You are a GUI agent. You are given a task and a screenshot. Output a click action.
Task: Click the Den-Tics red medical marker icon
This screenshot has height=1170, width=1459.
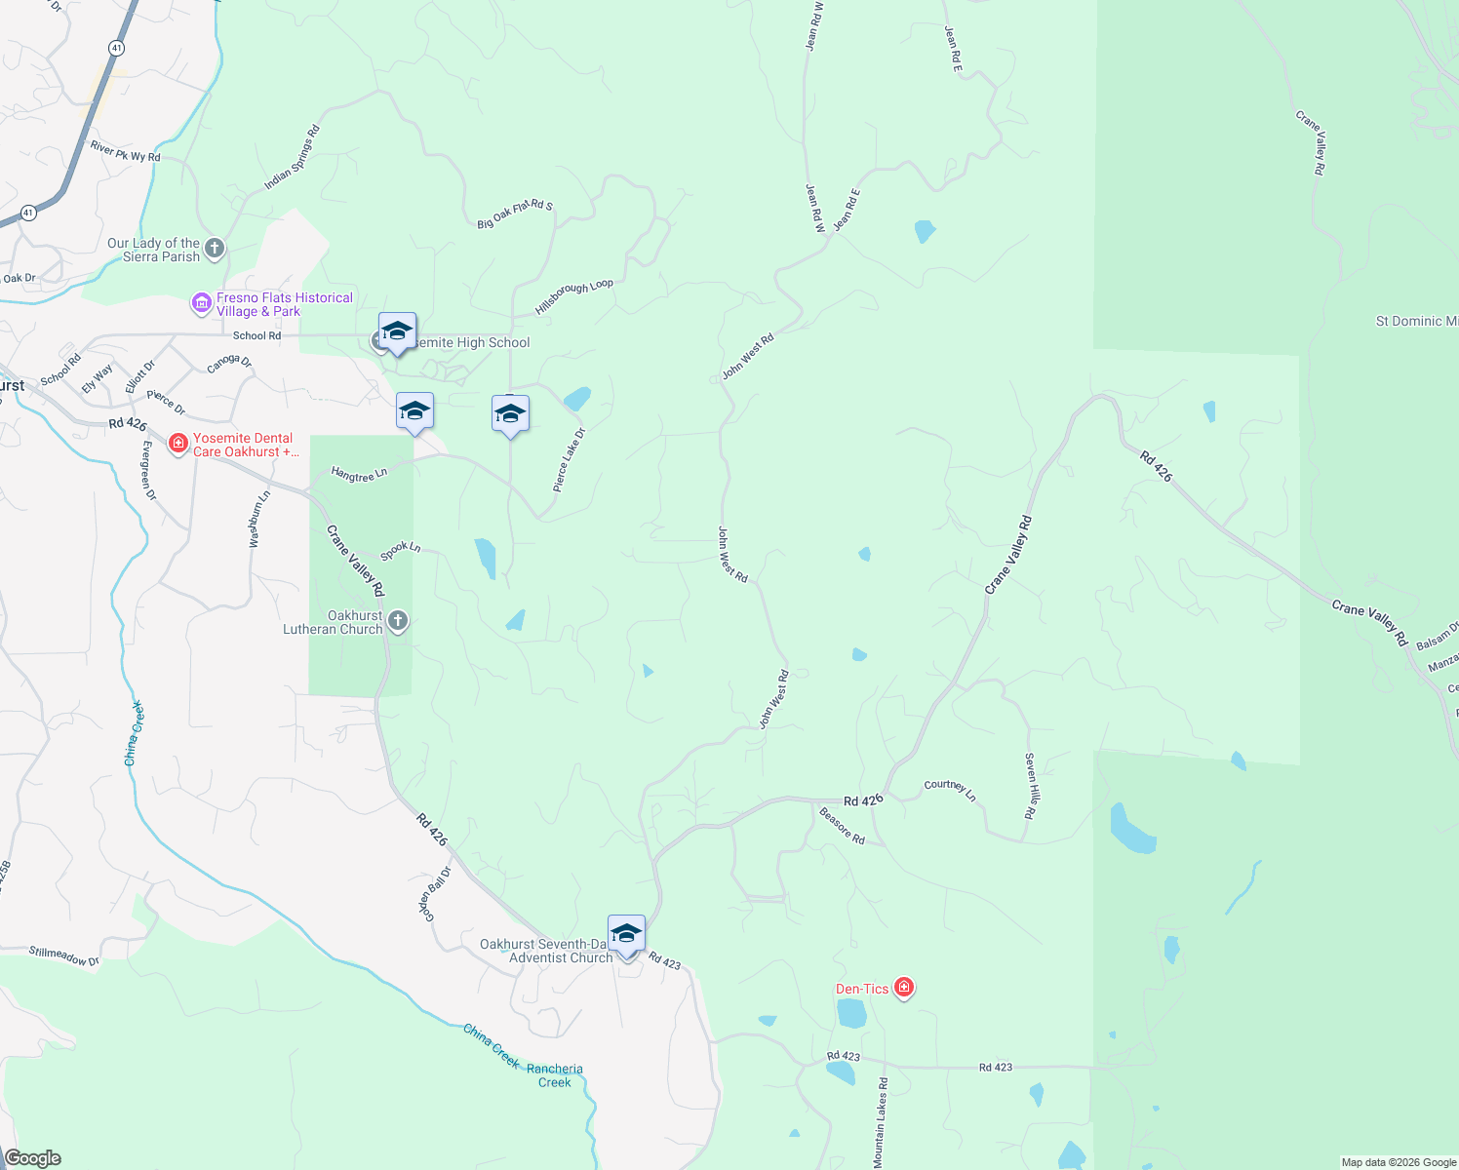[x=904, y=989]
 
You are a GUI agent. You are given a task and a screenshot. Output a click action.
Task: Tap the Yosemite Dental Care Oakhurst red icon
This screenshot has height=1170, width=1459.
[x=177, y=445]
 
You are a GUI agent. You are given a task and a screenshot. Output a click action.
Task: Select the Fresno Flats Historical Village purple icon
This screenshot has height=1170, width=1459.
[x=202, y=304]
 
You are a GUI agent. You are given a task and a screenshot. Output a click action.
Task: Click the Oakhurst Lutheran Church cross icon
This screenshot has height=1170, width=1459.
[x=398, y=621]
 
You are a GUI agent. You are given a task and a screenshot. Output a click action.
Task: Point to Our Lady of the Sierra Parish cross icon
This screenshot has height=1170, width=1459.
[x=215, y=249]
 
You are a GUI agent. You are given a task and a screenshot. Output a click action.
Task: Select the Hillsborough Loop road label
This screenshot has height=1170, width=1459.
[x=574, y=296]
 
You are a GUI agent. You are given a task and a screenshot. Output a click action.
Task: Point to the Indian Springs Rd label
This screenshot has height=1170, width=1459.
[x=292, y=158]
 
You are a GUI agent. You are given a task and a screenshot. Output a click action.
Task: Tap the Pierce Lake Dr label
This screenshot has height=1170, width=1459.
[x=569, y=459]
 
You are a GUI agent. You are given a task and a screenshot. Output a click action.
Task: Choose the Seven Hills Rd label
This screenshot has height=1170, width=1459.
[x=1031, y=785]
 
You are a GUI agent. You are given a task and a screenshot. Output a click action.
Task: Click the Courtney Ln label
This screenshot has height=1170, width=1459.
[x=950, y=789]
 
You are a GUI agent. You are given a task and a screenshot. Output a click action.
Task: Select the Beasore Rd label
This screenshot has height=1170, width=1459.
[x=842, y=825]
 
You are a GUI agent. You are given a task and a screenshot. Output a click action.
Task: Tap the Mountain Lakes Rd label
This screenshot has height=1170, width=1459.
[x=882, y=1122]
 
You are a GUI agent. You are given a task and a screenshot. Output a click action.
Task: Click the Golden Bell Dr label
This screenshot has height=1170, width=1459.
[x=436, y=894]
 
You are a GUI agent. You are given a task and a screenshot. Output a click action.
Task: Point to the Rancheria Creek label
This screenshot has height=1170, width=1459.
[x=555, y=1075]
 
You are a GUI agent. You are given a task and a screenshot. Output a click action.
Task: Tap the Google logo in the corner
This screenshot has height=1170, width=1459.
[x=32, y=1158]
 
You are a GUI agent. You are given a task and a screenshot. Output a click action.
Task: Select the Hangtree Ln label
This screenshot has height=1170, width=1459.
[x=359, y=474]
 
